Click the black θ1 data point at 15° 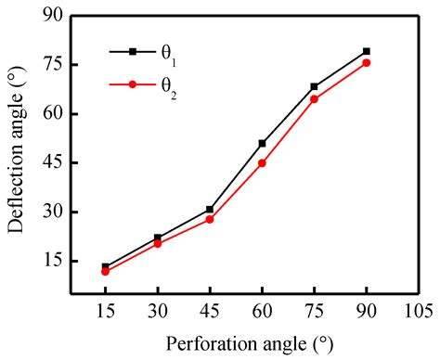(x=106, y=267)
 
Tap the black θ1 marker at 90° (x=367, y=51)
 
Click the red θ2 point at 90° (x=367, y=62)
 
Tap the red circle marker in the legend (x=132, y=85)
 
